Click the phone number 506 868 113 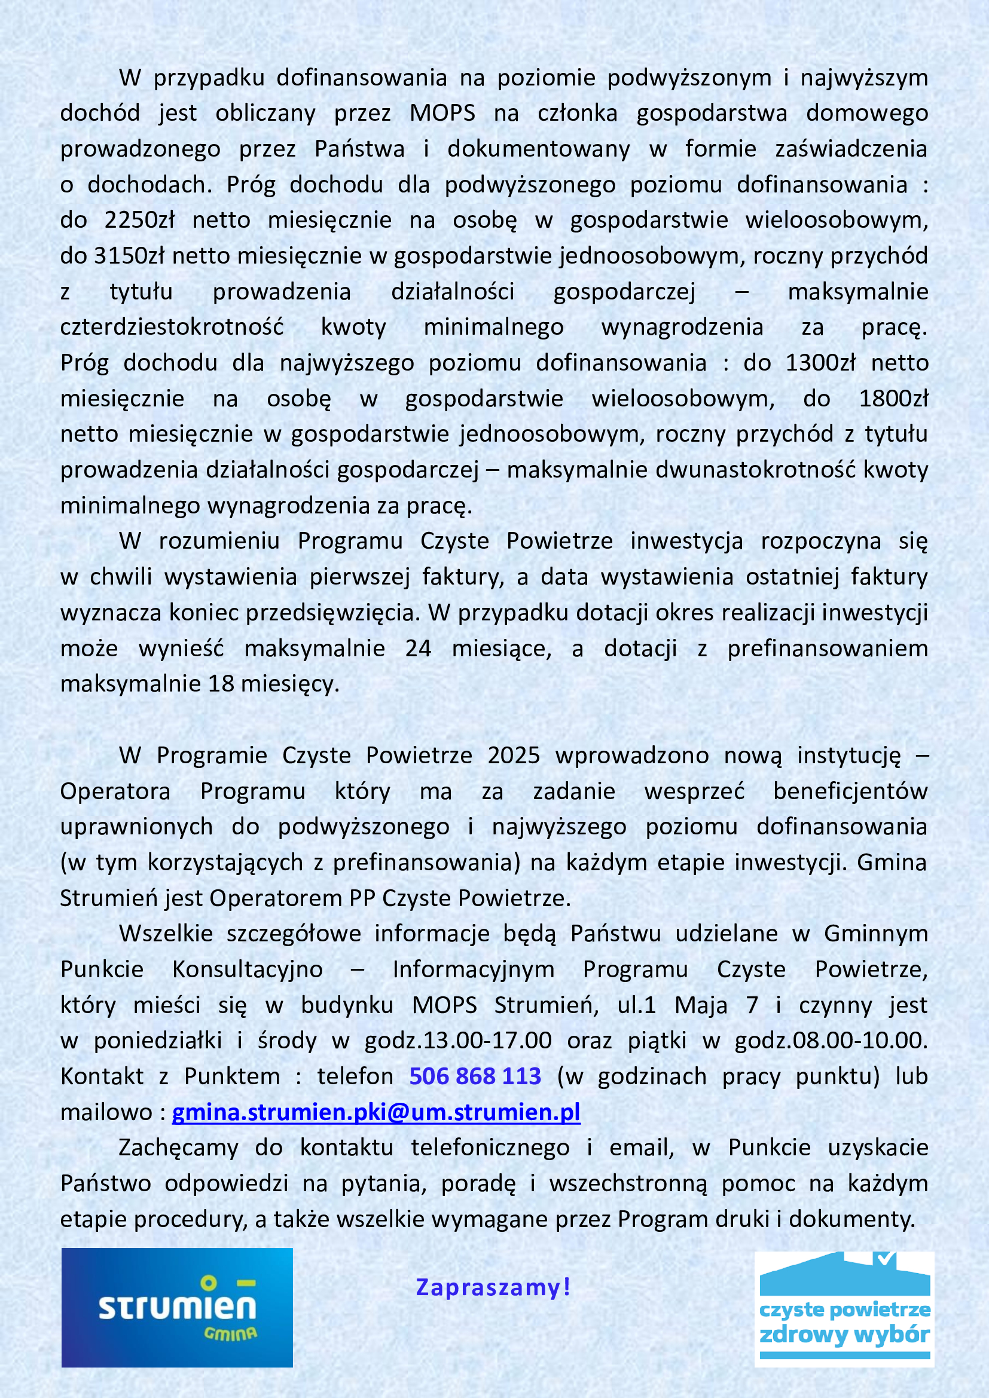[475, 1076]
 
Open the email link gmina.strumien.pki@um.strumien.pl [376, 1112]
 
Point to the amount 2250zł [139, 220]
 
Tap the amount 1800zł [893, 399]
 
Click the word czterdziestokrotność [172, 328]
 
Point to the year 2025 [514, 755]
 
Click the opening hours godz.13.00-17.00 [458, 1041]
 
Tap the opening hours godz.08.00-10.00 [830, 1041]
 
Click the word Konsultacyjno [248, 969]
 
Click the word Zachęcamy [178, 1148]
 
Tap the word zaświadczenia [851, 149]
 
